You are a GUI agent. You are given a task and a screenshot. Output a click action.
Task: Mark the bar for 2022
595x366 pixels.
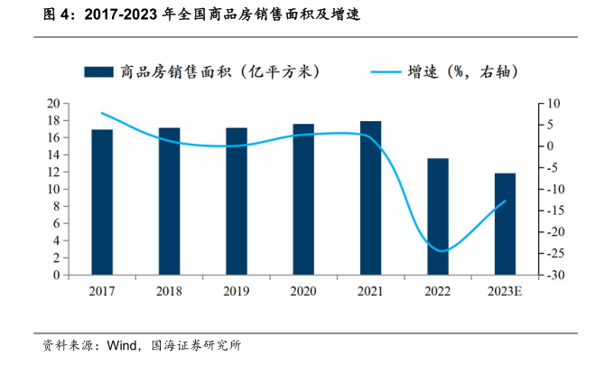coord(437,216)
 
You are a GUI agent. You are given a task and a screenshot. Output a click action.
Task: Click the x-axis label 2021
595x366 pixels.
coord(370,290)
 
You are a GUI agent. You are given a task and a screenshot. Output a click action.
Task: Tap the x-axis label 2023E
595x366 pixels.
coord(505,290)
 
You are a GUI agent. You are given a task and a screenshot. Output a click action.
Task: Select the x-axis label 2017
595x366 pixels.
coord(102,290)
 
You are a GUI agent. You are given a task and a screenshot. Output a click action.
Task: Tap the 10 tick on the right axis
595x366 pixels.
coord(547,103)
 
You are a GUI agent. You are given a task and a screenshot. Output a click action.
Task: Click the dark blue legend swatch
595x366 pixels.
coord(98,71)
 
